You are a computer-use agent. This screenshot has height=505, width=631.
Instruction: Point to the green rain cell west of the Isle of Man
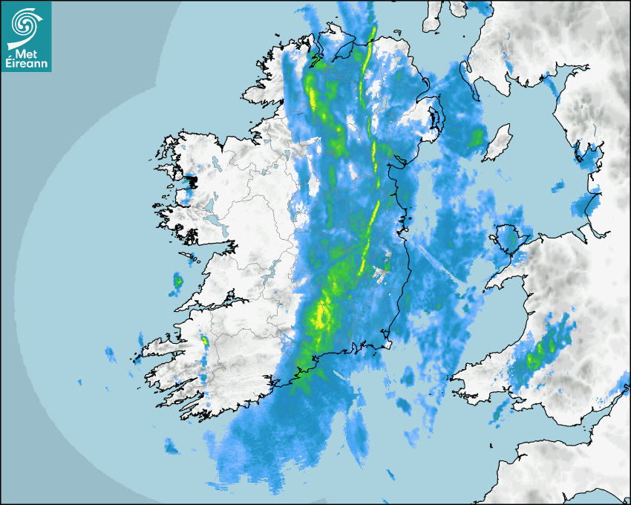(x=475, y=138)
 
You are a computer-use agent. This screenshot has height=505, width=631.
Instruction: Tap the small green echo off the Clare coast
(x=178, y=281)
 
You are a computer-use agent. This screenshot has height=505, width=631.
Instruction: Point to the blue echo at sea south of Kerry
(x=171, y=446)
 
